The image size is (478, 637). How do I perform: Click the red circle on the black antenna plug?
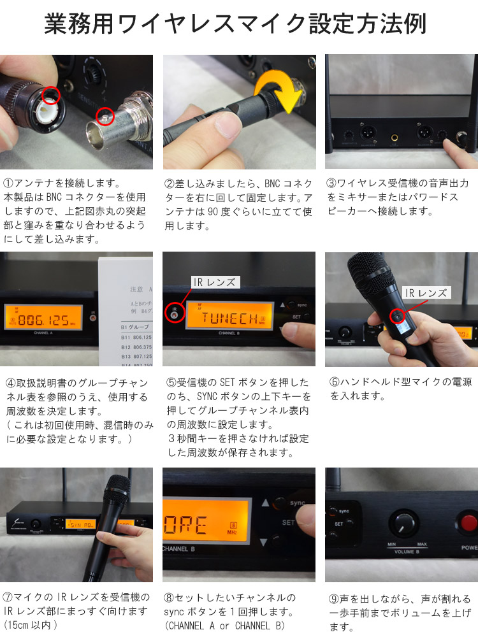point(50,96)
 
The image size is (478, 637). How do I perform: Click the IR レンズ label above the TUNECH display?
point(215,282)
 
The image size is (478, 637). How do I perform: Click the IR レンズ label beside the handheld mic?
point(426,292)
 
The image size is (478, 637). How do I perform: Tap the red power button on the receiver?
point(467,522)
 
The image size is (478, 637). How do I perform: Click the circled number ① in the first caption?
point(8,183)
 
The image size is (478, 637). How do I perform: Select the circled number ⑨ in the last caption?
point(334,599)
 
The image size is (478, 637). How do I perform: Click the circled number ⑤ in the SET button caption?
point(171,383)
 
